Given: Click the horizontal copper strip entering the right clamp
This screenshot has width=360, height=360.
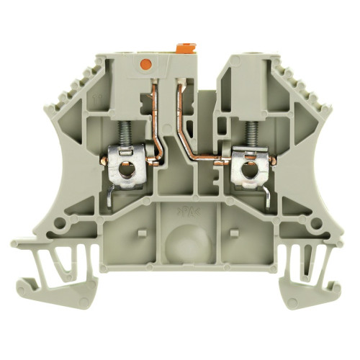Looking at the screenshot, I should pyautogui.click(x=216, y=151).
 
